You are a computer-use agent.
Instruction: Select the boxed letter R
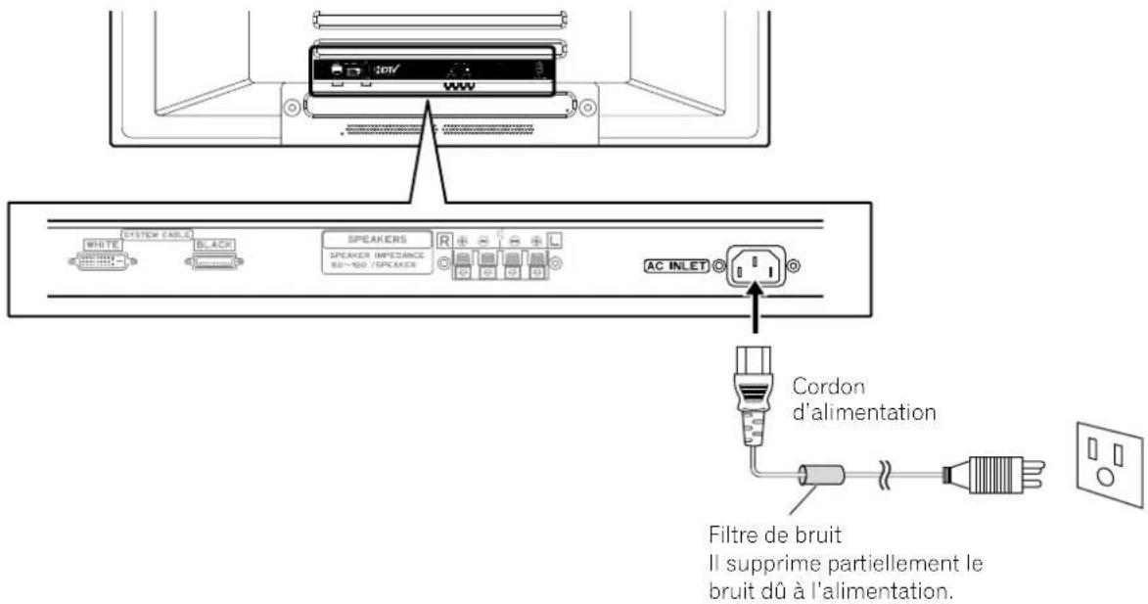443,239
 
